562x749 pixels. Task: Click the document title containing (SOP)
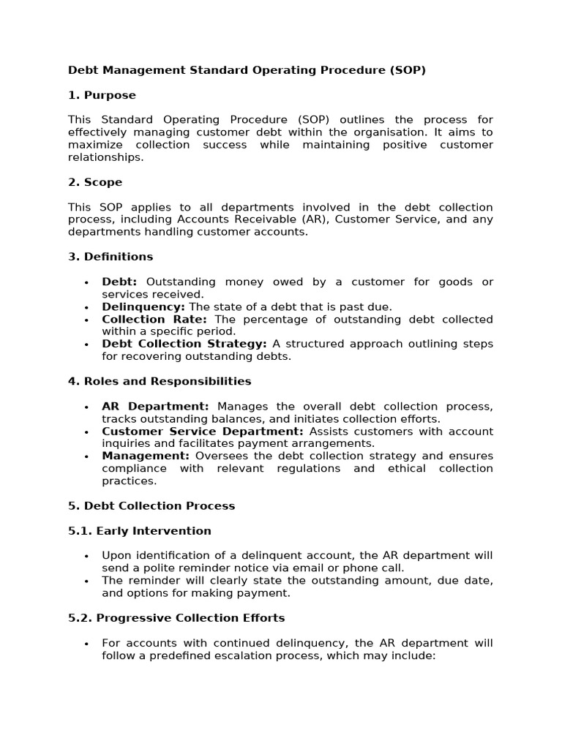point(247,70)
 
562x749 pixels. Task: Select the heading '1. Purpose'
point(102,95)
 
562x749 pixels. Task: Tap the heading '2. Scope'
point(95,182)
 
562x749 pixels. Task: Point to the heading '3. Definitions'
point(110,257)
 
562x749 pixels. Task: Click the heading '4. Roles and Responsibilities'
point(160,381)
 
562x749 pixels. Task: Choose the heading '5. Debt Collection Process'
point(151,506)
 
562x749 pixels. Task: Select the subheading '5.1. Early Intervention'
point(139,531)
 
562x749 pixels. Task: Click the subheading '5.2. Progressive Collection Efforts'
point(176,618)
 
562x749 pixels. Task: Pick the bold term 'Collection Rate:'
point(154,319)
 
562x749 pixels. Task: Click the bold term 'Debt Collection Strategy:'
point(184,344)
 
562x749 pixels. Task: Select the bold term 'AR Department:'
point(155,406)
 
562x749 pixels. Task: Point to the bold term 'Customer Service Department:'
point(202,432)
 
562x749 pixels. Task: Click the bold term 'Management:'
point(146,456)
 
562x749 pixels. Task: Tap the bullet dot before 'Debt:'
point(86,282)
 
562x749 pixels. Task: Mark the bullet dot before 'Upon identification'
point(86,556)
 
